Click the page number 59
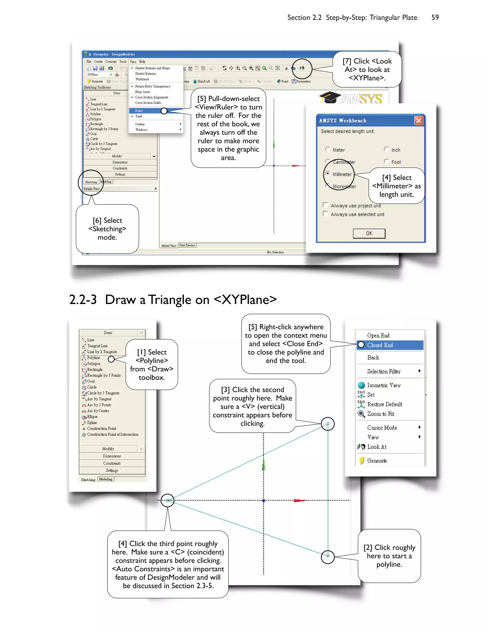coord(435,17)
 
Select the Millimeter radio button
coord(328,174)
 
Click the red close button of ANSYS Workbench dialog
coord(418,120)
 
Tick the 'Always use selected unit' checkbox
coord(325,214)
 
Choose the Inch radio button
coord(386,149)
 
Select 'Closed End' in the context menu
coord(380,345)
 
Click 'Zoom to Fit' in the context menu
coord(381,414)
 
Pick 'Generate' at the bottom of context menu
coord(377,461)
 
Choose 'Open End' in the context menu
coord(378,336)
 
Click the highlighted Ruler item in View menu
coord(139,111)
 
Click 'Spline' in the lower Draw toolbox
coord(92,423)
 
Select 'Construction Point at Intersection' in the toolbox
coord(112,435)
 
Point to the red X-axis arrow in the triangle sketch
coord(299,501)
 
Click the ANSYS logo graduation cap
coord(330,97)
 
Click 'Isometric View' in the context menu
coord(384,385)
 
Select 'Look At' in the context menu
coord(377,447)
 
